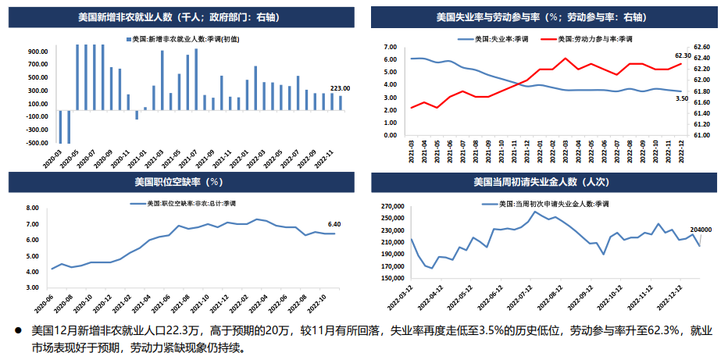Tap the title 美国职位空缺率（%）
[x=178, y=182]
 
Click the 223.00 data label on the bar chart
[x=341, y=88]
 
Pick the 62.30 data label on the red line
[x=683, y=55]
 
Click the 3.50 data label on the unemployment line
[x=681, y=99]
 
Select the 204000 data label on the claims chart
[x=701, y=230]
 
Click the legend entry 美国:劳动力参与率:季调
[x=595, y=37]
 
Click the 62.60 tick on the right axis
[x=701, y=47]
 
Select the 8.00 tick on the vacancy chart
[x=32, y=208]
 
